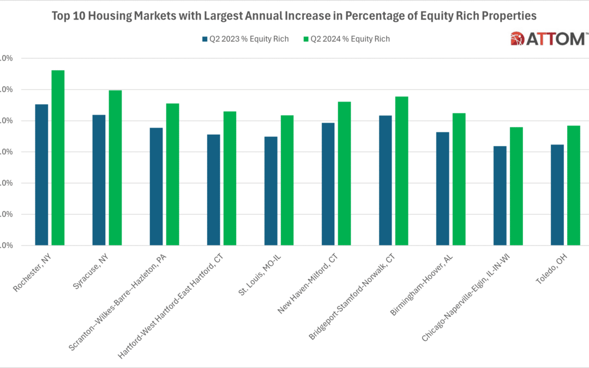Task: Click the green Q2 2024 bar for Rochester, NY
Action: [x=58, y=158]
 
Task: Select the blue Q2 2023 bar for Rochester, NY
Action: [x=41, y=174]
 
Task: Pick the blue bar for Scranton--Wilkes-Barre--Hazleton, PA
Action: [x=156, y=186]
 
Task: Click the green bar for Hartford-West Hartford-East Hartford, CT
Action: [x=230, y=178]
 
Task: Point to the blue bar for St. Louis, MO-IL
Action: [x=271, y=191]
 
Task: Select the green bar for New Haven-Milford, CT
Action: [x=344, y=173]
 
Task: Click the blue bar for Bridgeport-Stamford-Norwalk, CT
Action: [x=385, y=180]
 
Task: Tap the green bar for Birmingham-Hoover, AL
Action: [x=459, y=179]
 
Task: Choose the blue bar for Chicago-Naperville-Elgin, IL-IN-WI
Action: [x=500, y=196]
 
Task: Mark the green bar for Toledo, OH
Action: [x=573, y=185]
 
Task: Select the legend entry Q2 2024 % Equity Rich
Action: [x=346, y=39]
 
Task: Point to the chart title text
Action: [x=294, y=16]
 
